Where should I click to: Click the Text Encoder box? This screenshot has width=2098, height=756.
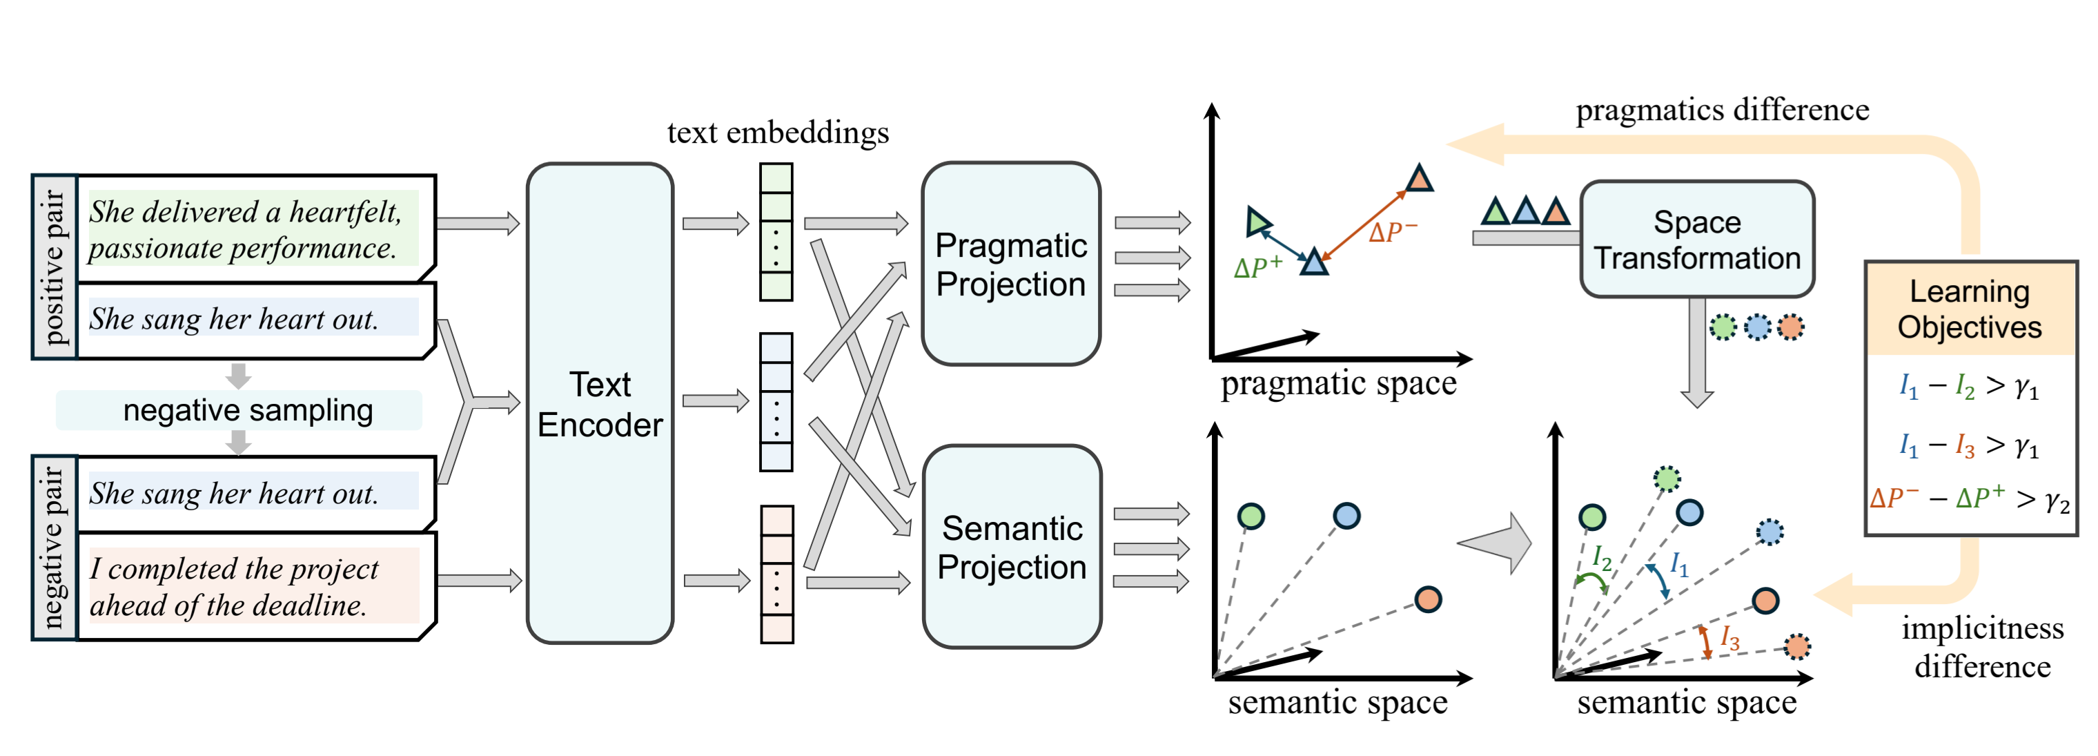tap(600, 404)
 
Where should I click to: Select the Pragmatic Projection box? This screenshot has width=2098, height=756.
tap(1011, 264)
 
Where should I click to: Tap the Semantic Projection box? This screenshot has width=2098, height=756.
tap(1012, 547)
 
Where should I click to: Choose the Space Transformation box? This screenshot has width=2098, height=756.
tap(1696, 240)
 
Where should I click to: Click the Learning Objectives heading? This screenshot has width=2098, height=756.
tap(1970, 309)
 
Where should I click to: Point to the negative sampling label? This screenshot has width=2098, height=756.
tap(248, 410)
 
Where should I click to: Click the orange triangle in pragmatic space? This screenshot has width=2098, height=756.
tap(1419, 178)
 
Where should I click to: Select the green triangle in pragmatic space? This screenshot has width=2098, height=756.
tap(1258, 221)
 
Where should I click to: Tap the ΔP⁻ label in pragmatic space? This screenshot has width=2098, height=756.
tap(1393, 232)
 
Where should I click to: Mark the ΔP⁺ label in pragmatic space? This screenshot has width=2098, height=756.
tap(1258, 267)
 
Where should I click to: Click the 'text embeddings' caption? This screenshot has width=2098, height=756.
tap(778, 133)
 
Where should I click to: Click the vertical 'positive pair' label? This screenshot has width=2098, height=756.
tap(55, 266)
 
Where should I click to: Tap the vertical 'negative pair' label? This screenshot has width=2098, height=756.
tap(55, 547)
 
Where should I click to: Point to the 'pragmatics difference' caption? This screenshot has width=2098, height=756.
tap(1722, 110)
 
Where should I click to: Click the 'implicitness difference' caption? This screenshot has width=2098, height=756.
tap(1981, 647)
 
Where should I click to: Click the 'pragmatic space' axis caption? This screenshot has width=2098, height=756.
tap(1338, 384)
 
